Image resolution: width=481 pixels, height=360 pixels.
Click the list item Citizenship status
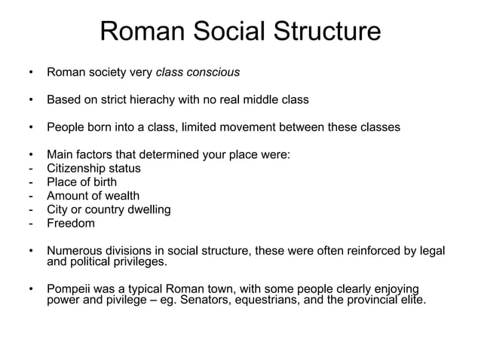coord(93,169)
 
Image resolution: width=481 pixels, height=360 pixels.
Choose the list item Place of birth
coord(81,182)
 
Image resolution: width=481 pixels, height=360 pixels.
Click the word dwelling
coord(146,209)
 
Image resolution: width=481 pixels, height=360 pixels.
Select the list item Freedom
coord(71,223)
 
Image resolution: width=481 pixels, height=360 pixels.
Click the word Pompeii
coord(70,291)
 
